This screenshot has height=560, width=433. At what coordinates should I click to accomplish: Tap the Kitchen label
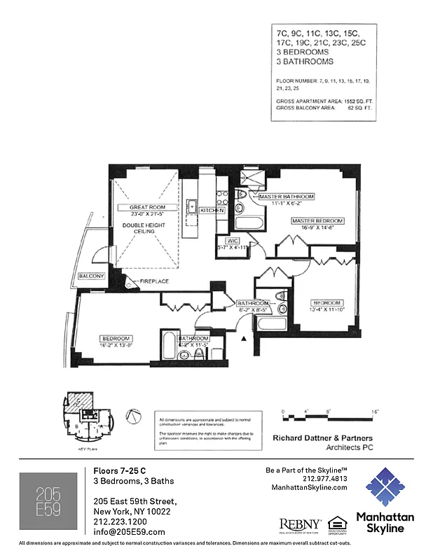212,210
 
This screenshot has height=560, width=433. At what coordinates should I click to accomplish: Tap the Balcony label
91,276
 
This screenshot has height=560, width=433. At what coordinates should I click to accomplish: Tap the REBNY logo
301,524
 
